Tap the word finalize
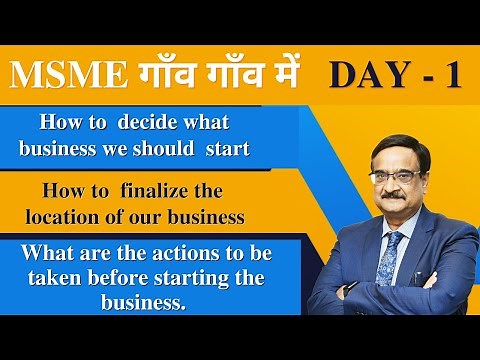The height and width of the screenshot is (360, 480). point(155,190)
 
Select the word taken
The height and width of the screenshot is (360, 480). point(55,278)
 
